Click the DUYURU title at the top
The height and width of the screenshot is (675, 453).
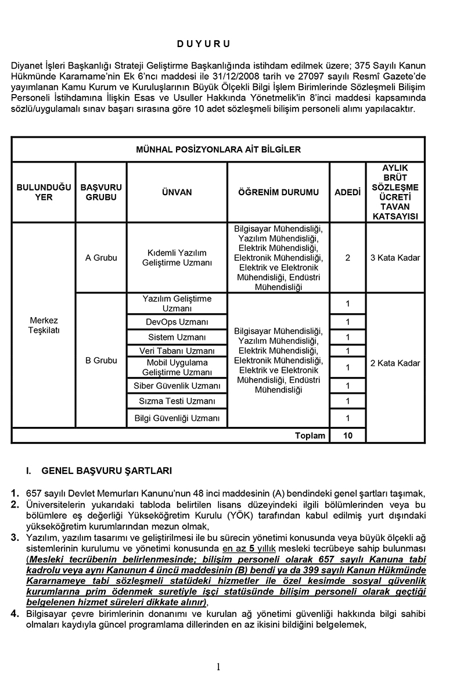coord(204,44)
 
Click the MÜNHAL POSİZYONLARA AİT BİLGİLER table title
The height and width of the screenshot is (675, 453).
coord(218,149)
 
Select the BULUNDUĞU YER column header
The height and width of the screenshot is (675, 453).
coord(44,192)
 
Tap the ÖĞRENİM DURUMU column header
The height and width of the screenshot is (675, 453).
coord(278,192)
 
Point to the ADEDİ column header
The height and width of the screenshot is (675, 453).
coord(347,192)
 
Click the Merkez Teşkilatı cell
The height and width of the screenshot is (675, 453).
coord(44,325)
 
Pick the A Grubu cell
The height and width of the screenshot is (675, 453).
coord(101,257)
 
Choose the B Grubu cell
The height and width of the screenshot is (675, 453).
coord(101,360)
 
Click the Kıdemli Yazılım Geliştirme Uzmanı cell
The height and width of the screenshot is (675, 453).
coord(177,257)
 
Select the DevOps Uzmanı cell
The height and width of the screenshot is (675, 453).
coord(177,322)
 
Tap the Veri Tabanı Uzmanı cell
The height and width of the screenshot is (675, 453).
coord(177,351)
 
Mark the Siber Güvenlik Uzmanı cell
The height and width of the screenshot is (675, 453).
coord(177,386)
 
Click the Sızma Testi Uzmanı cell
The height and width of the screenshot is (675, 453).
coord(177,401)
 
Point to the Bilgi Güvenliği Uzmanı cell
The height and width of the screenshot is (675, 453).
coord(177,418)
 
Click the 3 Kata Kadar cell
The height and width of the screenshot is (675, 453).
coord(395,257)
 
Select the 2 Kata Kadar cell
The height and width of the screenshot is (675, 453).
coord(395,363)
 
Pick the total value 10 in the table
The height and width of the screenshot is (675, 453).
coord(347,435)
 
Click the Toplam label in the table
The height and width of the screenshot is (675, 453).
coord(310,435)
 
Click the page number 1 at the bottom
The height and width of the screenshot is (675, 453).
coord(218,666)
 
